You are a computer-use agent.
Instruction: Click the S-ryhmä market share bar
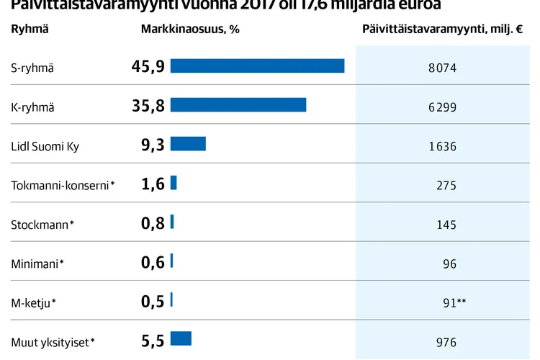pyautogui.click(x=257, y=66)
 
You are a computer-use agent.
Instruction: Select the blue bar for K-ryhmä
pyautogui.click(x=238, y=105)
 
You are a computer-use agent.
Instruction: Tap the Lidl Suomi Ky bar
pyautogui.click(x=188, y=144)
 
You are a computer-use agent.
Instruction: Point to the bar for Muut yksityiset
pyautogui.click(x=181, y=338)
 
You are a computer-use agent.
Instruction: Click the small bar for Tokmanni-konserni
pyautogui.click(x=174, y=183)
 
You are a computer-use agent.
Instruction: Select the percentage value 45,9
pyautogui.click(x=148, y=67)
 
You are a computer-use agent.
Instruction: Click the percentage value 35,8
pyautogui.click(x=148, y=106)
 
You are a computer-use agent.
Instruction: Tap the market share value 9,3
pyautogui.click(x=153, y=145)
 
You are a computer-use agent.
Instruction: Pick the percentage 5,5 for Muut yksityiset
pyautogui.click(x=153, y=339)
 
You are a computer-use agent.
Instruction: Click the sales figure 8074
pyautogui.click(x=442, y=69)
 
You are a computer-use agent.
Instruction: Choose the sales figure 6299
pyautogui.click(x=442, y=108)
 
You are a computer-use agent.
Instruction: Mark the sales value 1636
pyautogui.click(x=442, y=147)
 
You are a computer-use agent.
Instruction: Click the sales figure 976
pyautogui.click(x=446, y=343)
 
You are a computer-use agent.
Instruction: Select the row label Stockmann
pyautogui.click(x=42, y=225)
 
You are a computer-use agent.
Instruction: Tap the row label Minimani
pyautogui.click(x=37, y=264)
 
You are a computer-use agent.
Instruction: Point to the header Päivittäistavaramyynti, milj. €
pyautogui.click(x=442, y=30)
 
